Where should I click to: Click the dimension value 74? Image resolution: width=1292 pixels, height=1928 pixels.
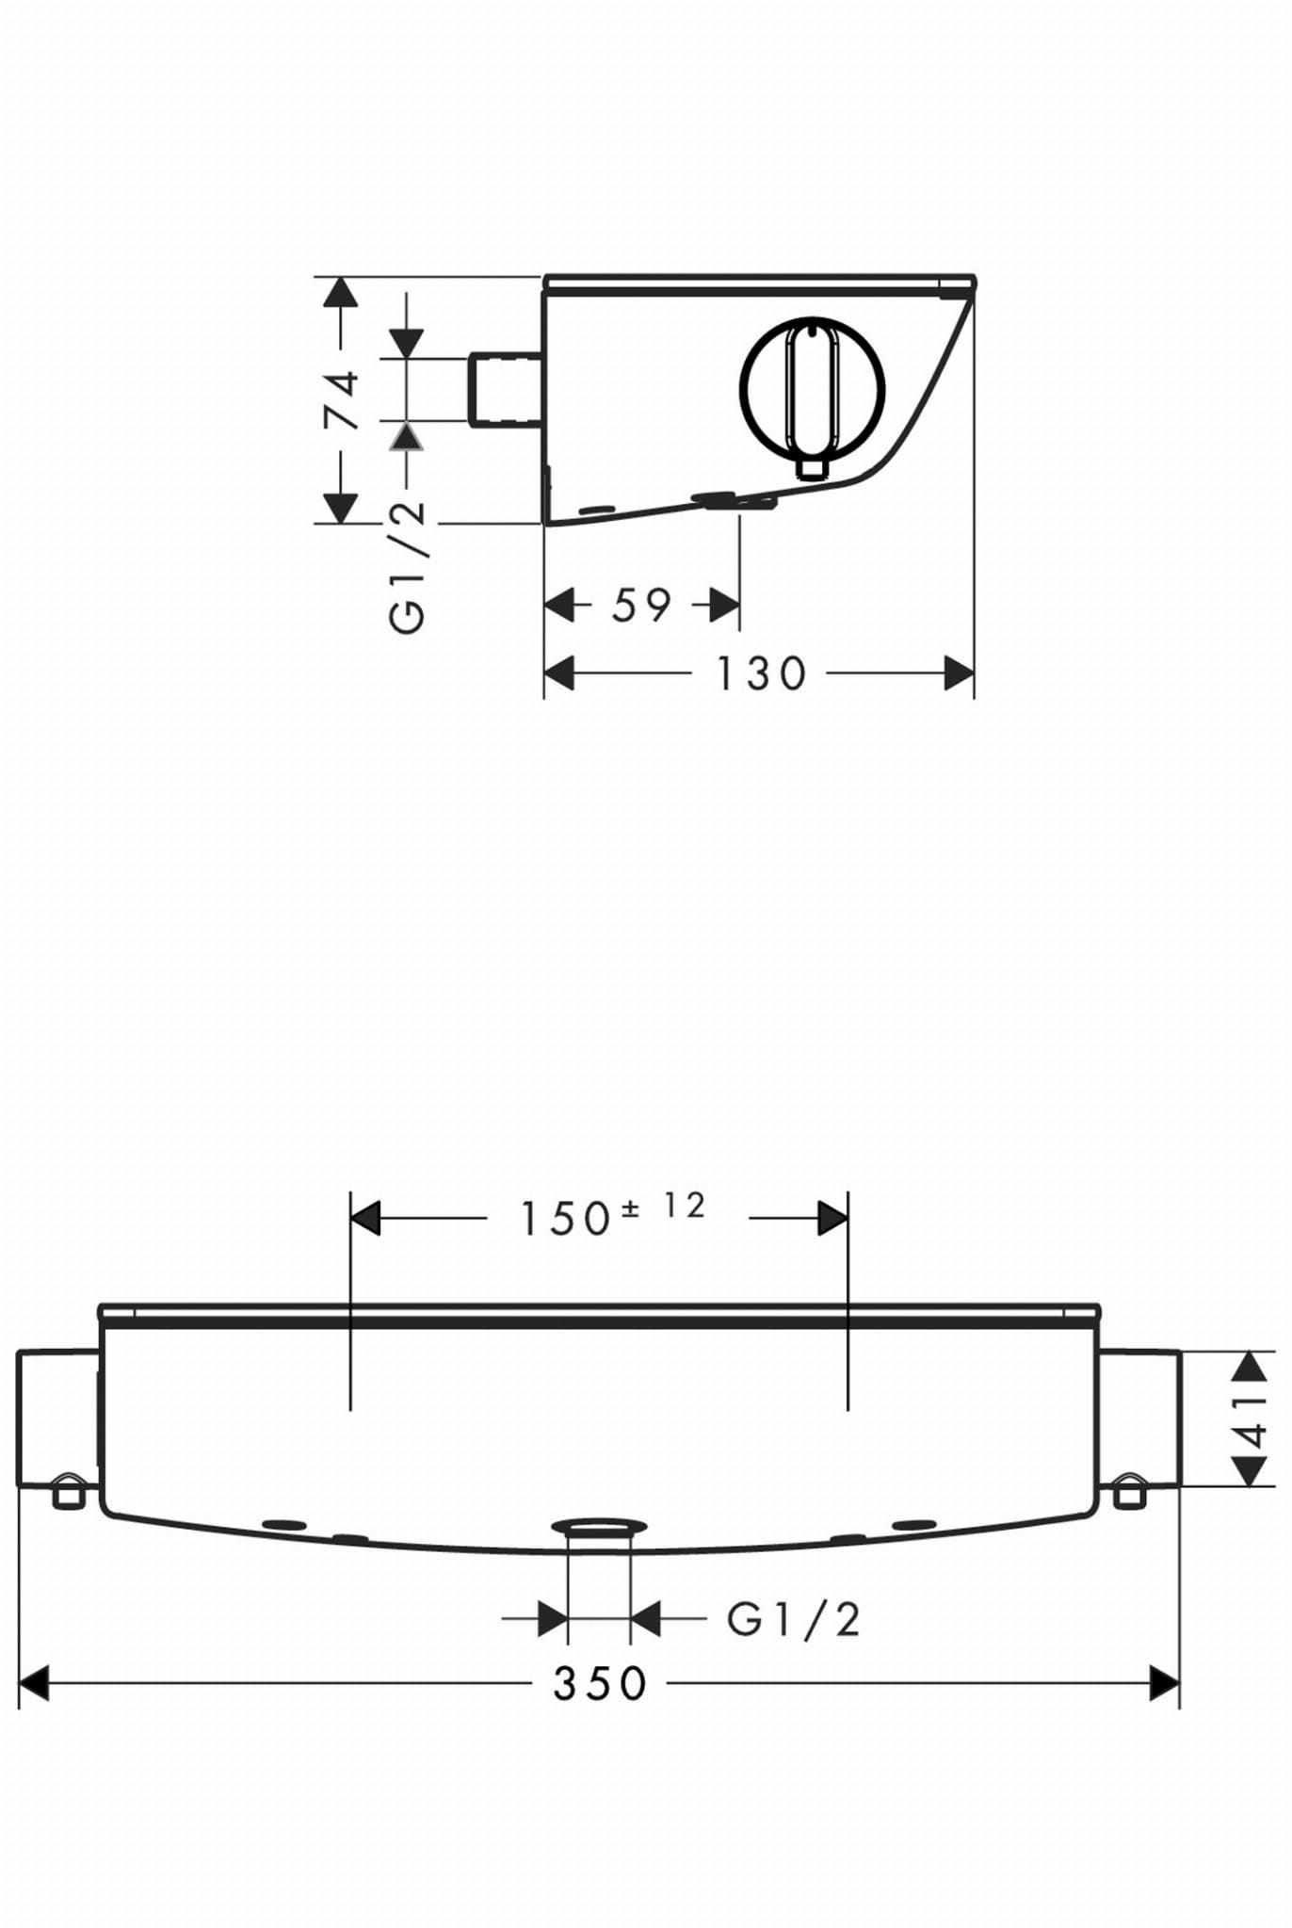[342, 401]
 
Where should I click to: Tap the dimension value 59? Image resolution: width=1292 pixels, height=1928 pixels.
[641, 606]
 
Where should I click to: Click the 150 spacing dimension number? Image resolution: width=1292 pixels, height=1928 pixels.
[566, 1219]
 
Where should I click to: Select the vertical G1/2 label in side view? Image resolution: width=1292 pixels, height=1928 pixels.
[408, 568]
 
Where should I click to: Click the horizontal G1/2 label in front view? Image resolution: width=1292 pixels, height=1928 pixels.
[794, 1620]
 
